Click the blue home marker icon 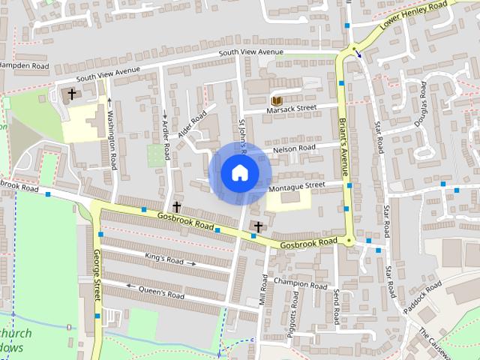tap(239, 173)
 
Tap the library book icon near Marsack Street tap(276, 100)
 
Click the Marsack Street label tap(292, 109)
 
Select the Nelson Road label tap(294, 148)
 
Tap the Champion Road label tap(300, 283)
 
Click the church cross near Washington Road tap(72, 94)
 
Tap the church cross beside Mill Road tap(258, 226)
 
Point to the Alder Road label tap(192, 125)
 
